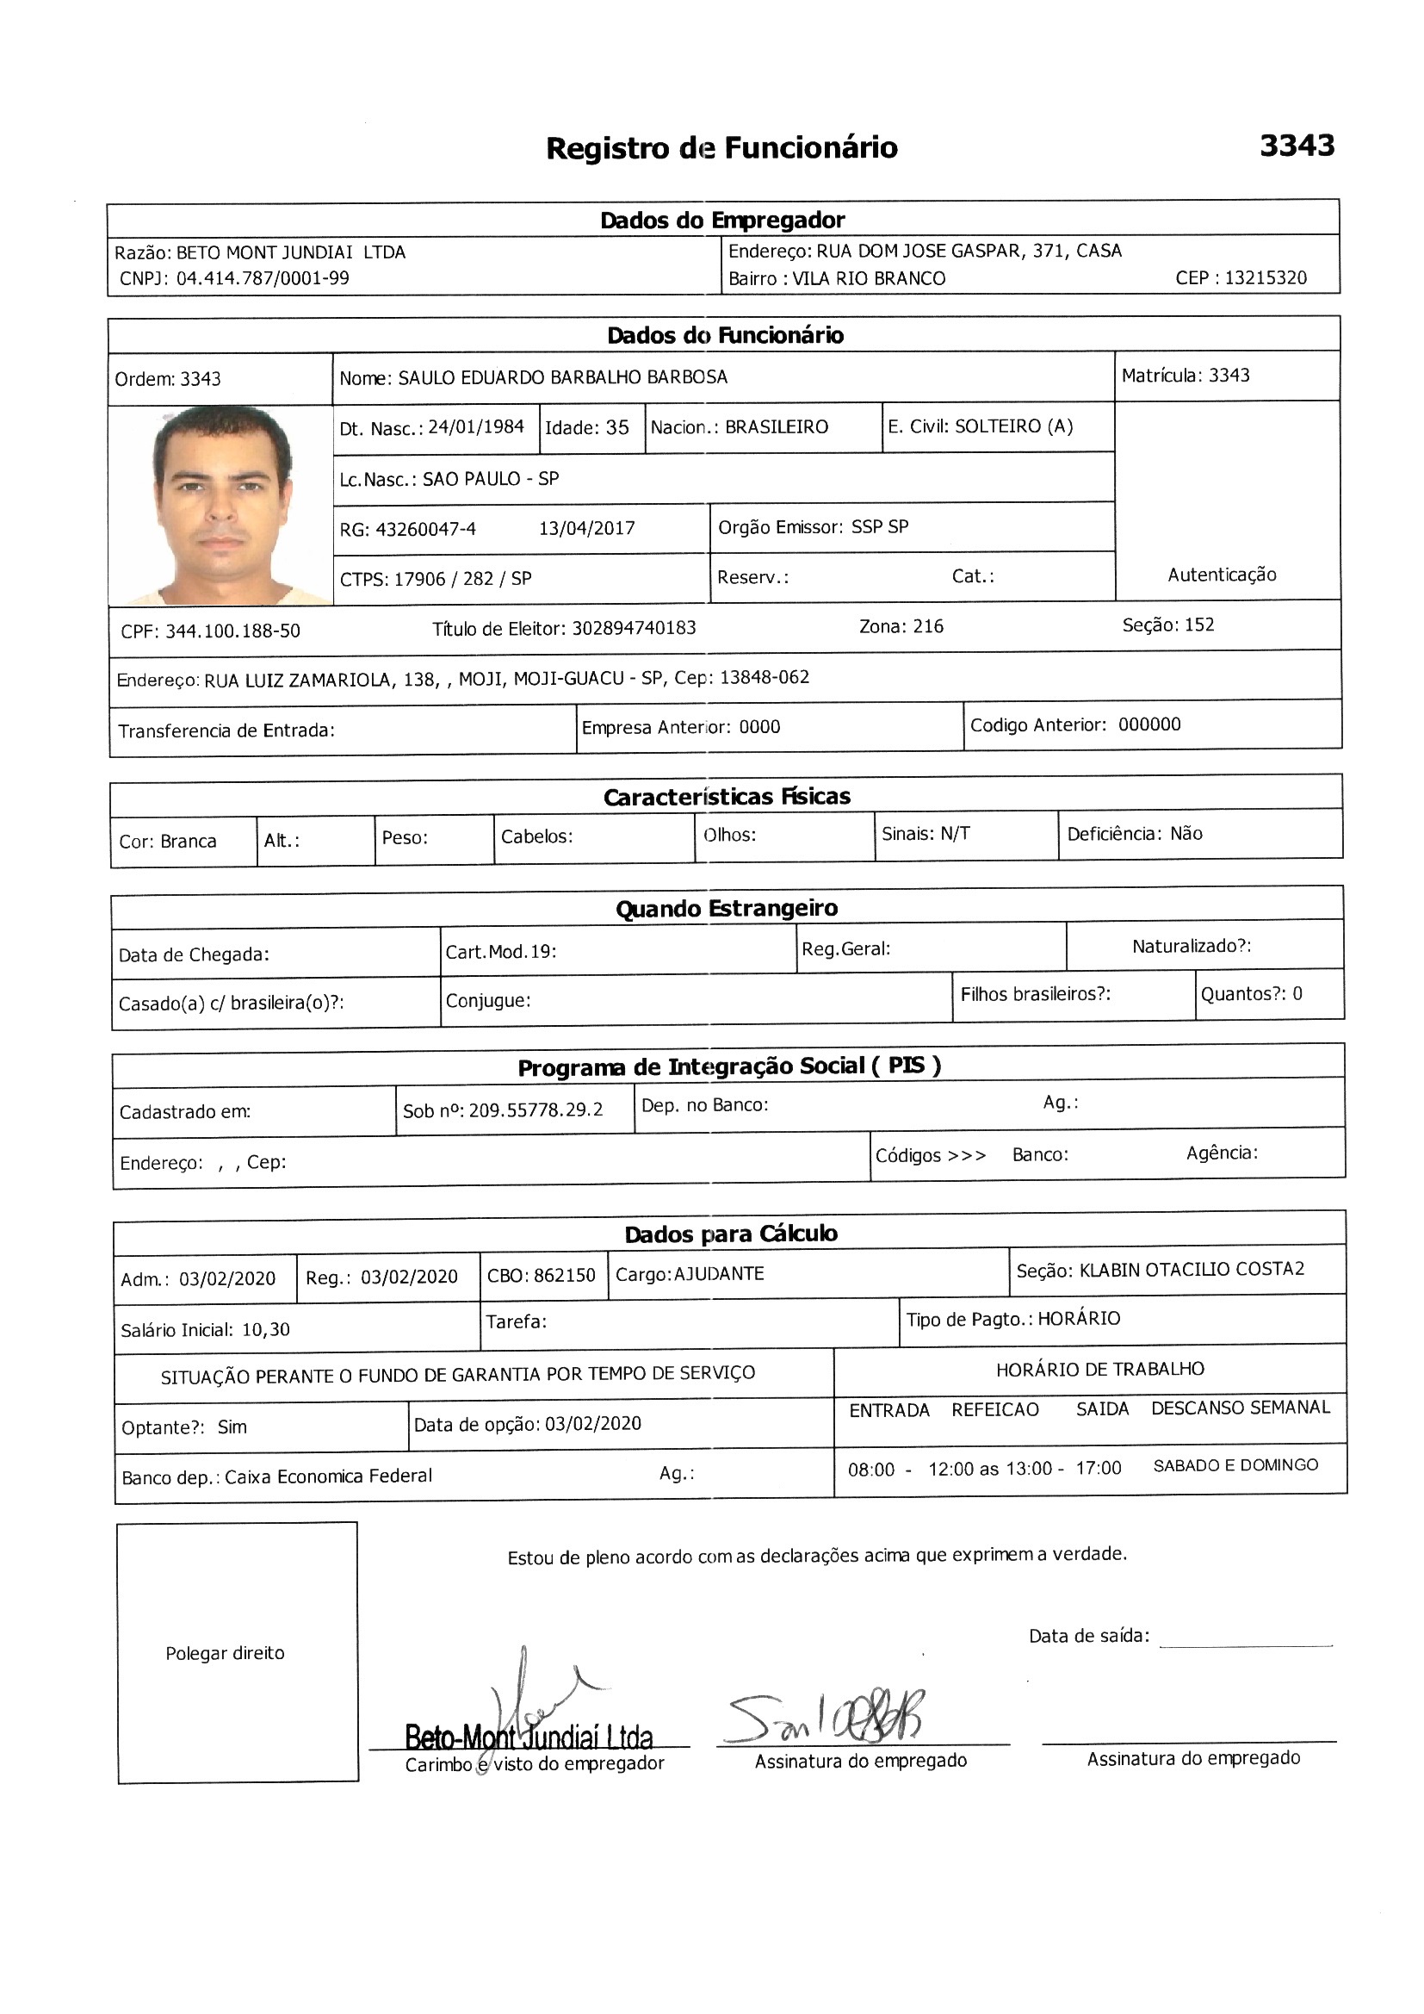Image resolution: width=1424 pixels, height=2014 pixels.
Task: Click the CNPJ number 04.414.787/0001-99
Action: click(263, 279)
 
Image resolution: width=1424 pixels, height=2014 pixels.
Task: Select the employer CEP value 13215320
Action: click(1266, 278)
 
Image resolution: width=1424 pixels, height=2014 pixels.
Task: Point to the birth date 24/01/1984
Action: click(475, 427)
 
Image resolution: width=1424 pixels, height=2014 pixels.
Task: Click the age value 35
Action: click(617, 427)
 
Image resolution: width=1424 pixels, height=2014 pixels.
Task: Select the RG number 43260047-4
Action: click(425, 529)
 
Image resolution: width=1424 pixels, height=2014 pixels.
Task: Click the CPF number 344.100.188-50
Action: click(232, 631)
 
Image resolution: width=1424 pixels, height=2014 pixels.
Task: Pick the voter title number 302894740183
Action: click(634, 628)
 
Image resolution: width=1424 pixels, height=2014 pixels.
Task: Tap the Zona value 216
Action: click(928, 626)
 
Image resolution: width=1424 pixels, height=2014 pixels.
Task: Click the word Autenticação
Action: click(1222, 575)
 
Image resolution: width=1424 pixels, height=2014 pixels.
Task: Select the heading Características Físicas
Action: click(726, 797)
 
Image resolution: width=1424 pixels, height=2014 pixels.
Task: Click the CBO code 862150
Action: click(566, 1276)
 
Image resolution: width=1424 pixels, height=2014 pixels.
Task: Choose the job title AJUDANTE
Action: click(719, 1274)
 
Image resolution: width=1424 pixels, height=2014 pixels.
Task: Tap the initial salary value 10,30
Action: click(266, 1329)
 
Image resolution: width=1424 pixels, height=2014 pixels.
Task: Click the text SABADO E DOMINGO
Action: click(1235, 1465)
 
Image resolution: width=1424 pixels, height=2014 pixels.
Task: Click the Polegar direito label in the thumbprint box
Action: click(225, 1652)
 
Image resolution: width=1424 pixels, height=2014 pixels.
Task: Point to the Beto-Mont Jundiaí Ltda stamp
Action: click(529, 1737)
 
